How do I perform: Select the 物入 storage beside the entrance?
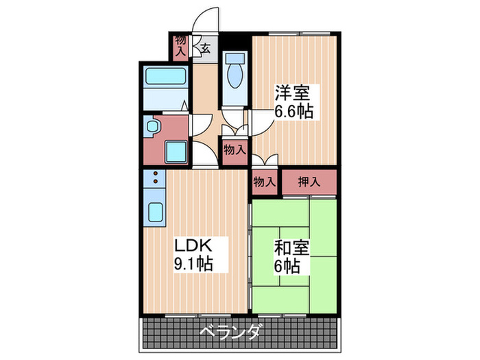[180, 45]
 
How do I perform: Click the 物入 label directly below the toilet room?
[235, 148]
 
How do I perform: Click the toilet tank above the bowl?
[235, 58]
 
